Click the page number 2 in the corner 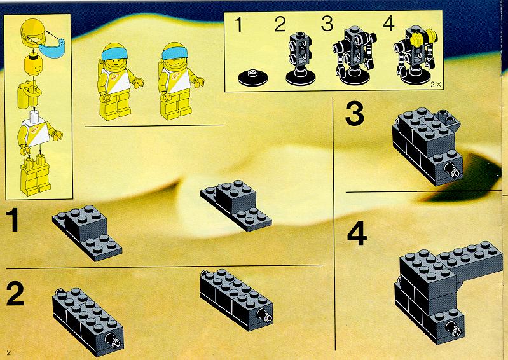9,352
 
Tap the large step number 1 13,219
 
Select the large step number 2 15,293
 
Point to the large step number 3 355,113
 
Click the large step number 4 357,233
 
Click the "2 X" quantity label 436,85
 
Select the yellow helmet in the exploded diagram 32,33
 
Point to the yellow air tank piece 28,94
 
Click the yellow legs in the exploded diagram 35,175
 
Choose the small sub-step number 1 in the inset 238,24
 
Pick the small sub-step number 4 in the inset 388,23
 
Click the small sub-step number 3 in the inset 327,24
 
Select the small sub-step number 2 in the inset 280,24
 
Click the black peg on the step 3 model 453,170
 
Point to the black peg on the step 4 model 455,329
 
